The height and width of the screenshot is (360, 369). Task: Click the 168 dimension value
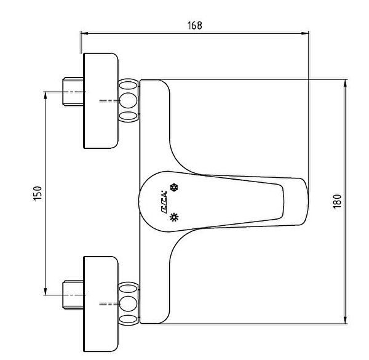194,25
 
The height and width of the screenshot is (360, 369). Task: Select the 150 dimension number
38,193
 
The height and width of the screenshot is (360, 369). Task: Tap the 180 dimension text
336,201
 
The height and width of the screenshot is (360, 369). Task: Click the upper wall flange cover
100,101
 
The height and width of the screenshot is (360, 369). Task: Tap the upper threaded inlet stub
72,92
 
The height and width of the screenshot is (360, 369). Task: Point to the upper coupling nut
129,100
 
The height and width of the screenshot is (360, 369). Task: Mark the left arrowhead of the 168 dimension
84,34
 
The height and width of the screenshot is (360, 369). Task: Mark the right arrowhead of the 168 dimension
306,34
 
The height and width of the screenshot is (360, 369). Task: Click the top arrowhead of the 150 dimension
45,95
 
